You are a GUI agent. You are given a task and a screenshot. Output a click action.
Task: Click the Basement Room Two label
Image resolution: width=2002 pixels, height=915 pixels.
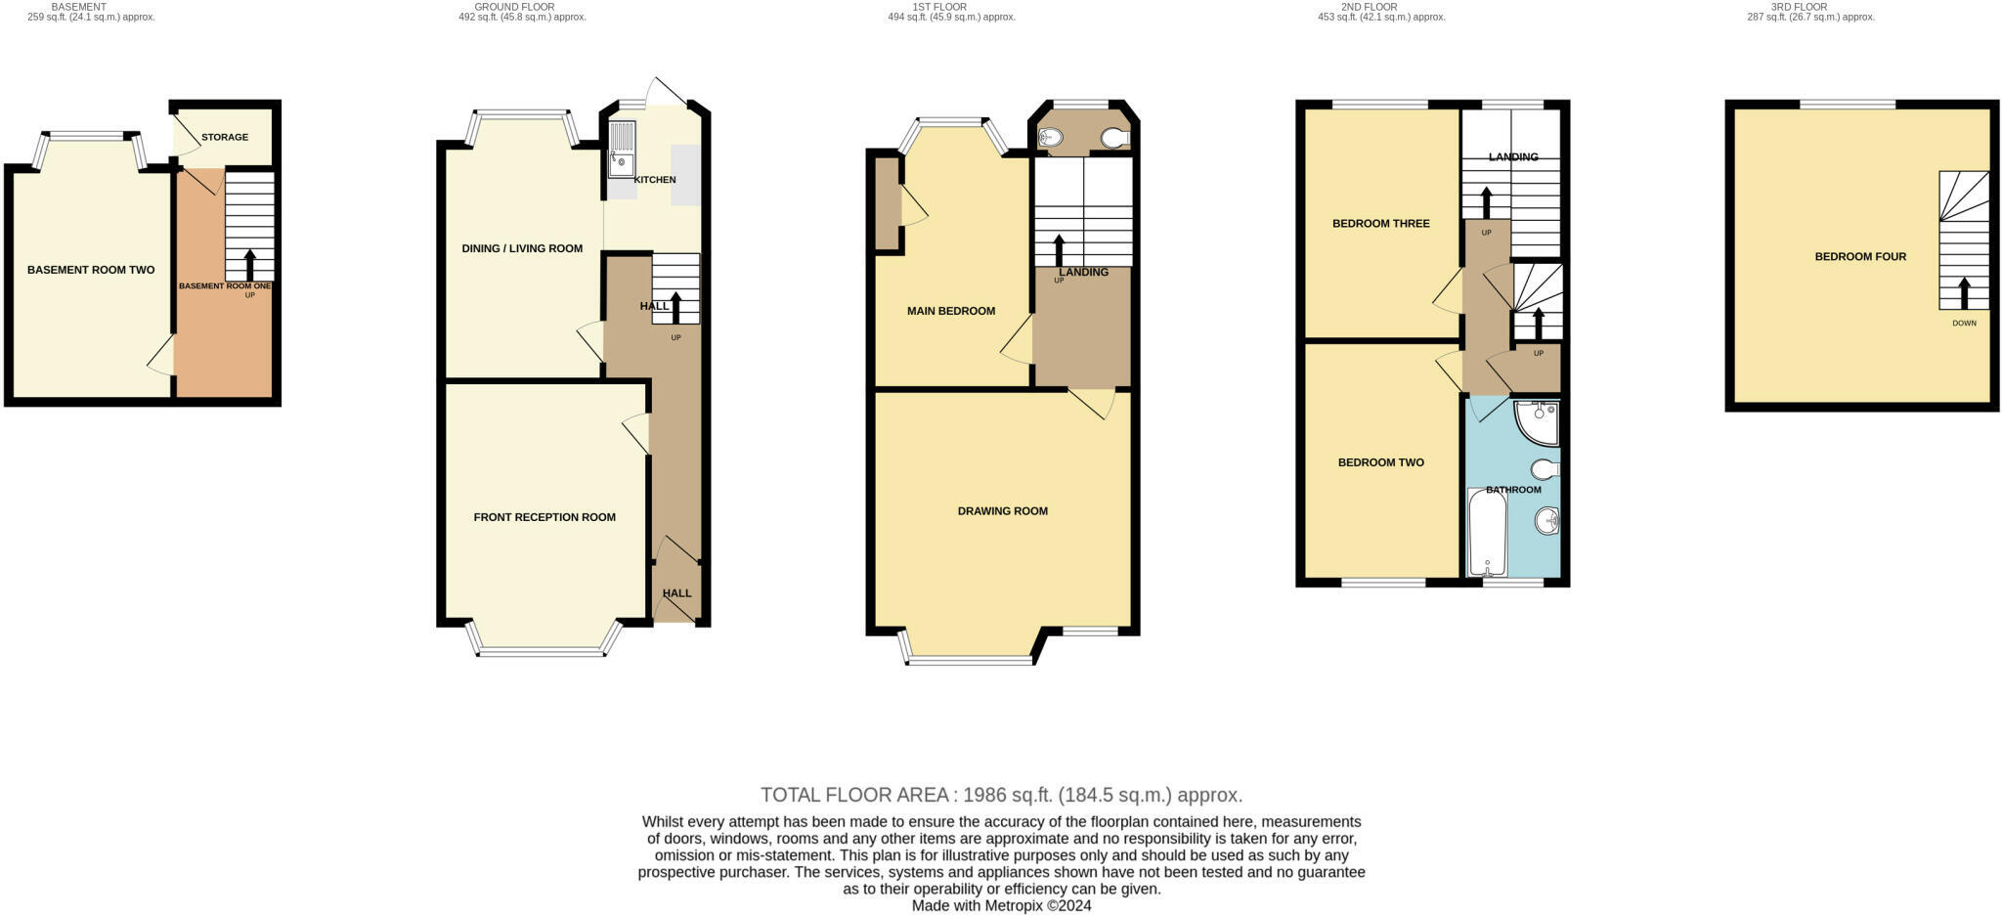coord(91,270)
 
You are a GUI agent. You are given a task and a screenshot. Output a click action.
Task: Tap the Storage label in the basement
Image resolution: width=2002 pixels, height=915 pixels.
coord(225,137)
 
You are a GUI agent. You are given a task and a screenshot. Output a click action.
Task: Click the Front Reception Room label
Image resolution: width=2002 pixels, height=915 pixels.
coord(544,517)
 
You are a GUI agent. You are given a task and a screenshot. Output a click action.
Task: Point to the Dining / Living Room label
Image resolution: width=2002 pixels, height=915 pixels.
coord(522,248)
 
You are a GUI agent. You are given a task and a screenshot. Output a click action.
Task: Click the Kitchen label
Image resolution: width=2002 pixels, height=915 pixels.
coord(655,180)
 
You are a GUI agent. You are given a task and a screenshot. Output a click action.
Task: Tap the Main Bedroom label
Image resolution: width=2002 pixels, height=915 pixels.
coord(951,311)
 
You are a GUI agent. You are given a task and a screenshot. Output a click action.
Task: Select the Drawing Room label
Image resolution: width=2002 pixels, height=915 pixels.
coord(1003,511)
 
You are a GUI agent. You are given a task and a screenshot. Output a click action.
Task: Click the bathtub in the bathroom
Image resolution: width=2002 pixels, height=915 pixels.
coord(1487,533)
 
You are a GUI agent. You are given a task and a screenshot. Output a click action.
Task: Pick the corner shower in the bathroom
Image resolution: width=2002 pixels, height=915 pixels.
coord(1538,420)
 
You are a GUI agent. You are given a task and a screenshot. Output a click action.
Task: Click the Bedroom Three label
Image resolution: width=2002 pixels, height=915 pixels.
coord(1381,224)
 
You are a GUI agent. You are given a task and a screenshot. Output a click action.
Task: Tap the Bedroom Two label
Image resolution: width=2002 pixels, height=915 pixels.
coord(1381,462)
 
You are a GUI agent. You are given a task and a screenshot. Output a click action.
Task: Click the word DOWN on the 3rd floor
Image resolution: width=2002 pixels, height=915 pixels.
coord(1964,323)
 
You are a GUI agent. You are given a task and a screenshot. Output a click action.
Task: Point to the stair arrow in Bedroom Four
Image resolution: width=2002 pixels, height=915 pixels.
coord(1963,292)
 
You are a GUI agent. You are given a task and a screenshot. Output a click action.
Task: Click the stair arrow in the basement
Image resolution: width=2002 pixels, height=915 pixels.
coord(249,264)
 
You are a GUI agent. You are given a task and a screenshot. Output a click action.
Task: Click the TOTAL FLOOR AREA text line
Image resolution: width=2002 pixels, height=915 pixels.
coord(1001,795)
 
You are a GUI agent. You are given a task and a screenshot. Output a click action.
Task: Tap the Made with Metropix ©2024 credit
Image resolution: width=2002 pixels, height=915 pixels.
coord(1001,905)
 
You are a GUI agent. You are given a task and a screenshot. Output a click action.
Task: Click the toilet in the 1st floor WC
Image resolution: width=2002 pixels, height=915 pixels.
coord(1115,138)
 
